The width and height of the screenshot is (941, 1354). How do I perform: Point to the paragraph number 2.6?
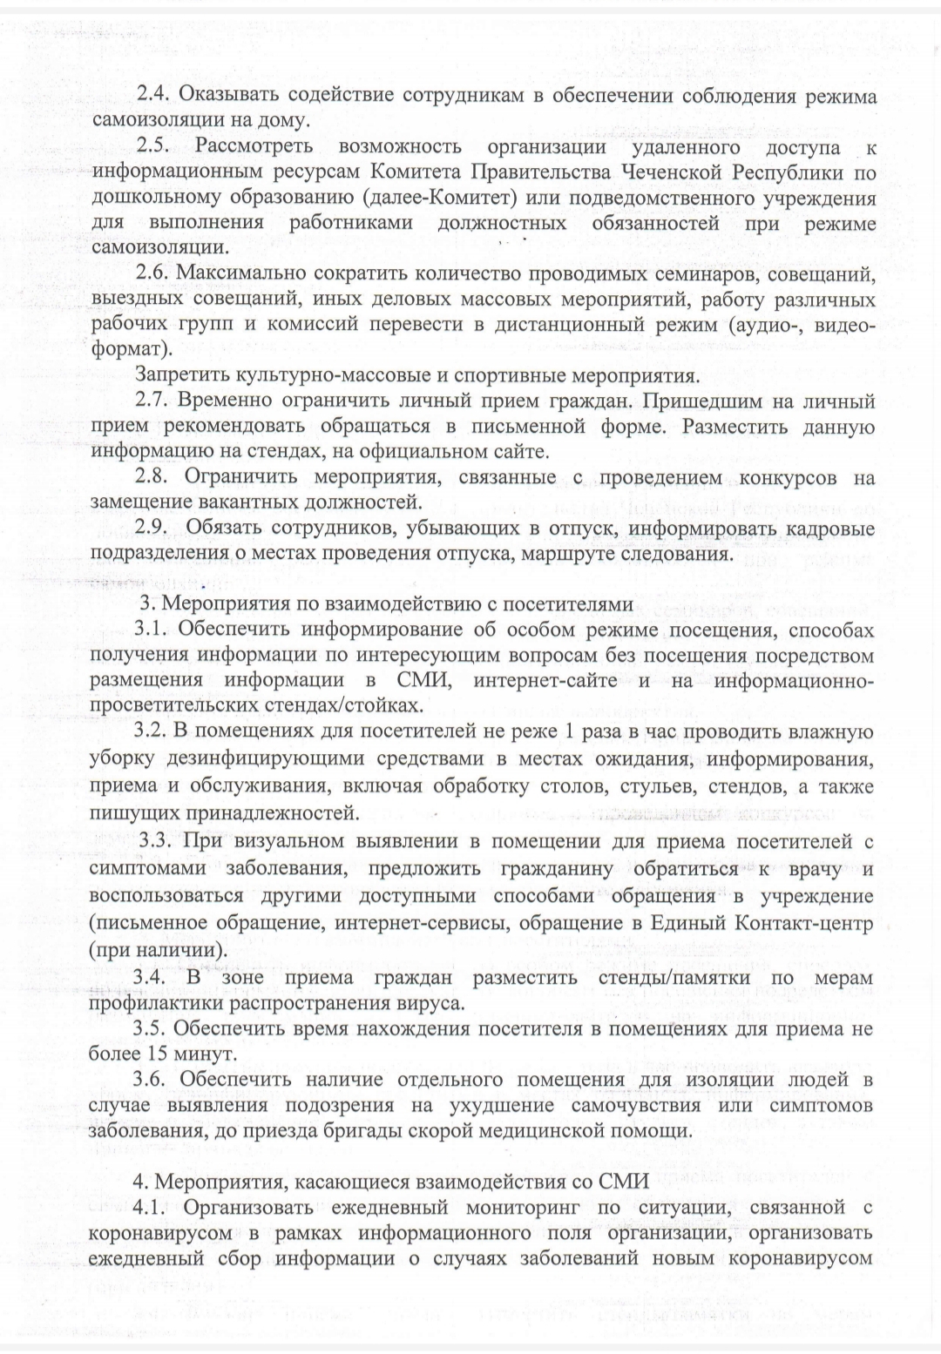coord(152,274)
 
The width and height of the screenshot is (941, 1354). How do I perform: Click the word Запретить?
coord(182,376)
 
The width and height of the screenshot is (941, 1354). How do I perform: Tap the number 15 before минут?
coord(146,1054)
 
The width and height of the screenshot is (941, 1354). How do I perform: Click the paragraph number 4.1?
coord(152,1208)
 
